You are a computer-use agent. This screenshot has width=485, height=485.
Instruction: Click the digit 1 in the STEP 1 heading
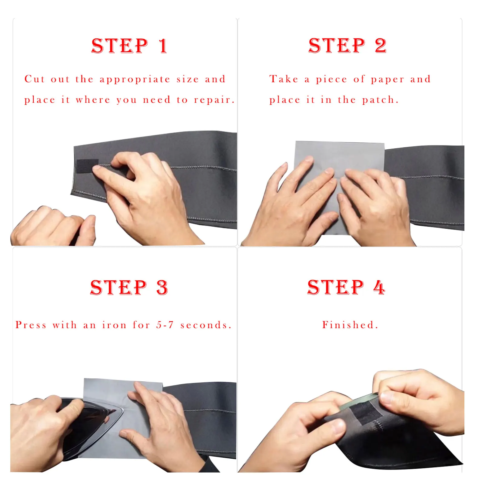163,46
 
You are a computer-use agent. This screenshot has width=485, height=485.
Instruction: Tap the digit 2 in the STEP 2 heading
380,46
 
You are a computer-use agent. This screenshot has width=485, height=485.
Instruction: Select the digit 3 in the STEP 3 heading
162,287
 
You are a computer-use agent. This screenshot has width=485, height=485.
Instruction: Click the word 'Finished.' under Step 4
350,325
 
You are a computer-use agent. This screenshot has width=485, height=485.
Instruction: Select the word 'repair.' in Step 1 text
214,100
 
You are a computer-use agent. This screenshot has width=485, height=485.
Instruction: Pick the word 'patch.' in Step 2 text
380,100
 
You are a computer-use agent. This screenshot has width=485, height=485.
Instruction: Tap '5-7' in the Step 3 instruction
165,325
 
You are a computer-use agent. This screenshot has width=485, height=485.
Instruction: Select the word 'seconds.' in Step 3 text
206,325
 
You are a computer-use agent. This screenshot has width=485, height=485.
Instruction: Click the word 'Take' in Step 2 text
284,79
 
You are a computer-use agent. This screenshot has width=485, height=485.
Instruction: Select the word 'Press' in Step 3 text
31,325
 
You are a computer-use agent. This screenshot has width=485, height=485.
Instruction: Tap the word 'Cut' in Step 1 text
35,79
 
